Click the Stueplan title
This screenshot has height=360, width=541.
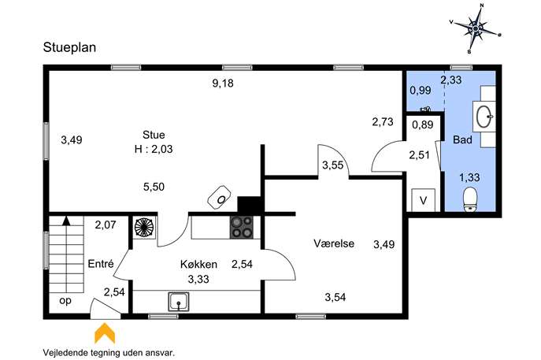click(x=69, y=47)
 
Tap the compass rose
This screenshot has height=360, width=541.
click(x=476, y=28)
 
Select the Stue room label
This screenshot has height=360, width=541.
click(x=154, y=134)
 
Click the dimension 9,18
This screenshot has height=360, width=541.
click(x=223, y=84)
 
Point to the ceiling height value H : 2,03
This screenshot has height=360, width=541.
click(x=154, y=149)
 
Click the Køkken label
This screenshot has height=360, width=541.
click(x=198, y=264)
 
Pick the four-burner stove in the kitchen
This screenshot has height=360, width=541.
click(x=242, y=227)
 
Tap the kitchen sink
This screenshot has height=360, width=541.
click(x=179, y=302)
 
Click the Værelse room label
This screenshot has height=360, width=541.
click(x=334, y=243)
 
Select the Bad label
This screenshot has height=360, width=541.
click(x=462, y=139)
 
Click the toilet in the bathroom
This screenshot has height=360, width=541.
click(x=469, y=199)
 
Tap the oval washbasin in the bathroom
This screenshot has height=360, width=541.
click(x=484, y=117)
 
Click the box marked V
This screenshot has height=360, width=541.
click(x=424, y=200)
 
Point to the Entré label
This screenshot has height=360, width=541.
click(x=100, y=264)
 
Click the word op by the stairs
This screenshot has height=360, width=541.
click(x=65, y=301)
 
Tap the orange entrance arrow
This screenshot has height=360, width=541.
click(x=105, y=333)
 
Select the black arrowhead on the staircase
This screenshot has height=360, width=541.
click(x=66, y=221)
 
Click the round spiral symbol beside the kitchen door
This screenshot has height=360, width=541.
click(x=144, y=228)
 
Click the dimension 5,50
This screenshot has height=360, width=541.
click(x=154, y=187)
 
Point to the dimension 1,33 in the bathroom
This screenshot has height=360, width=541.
click(x=469, y=177)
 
